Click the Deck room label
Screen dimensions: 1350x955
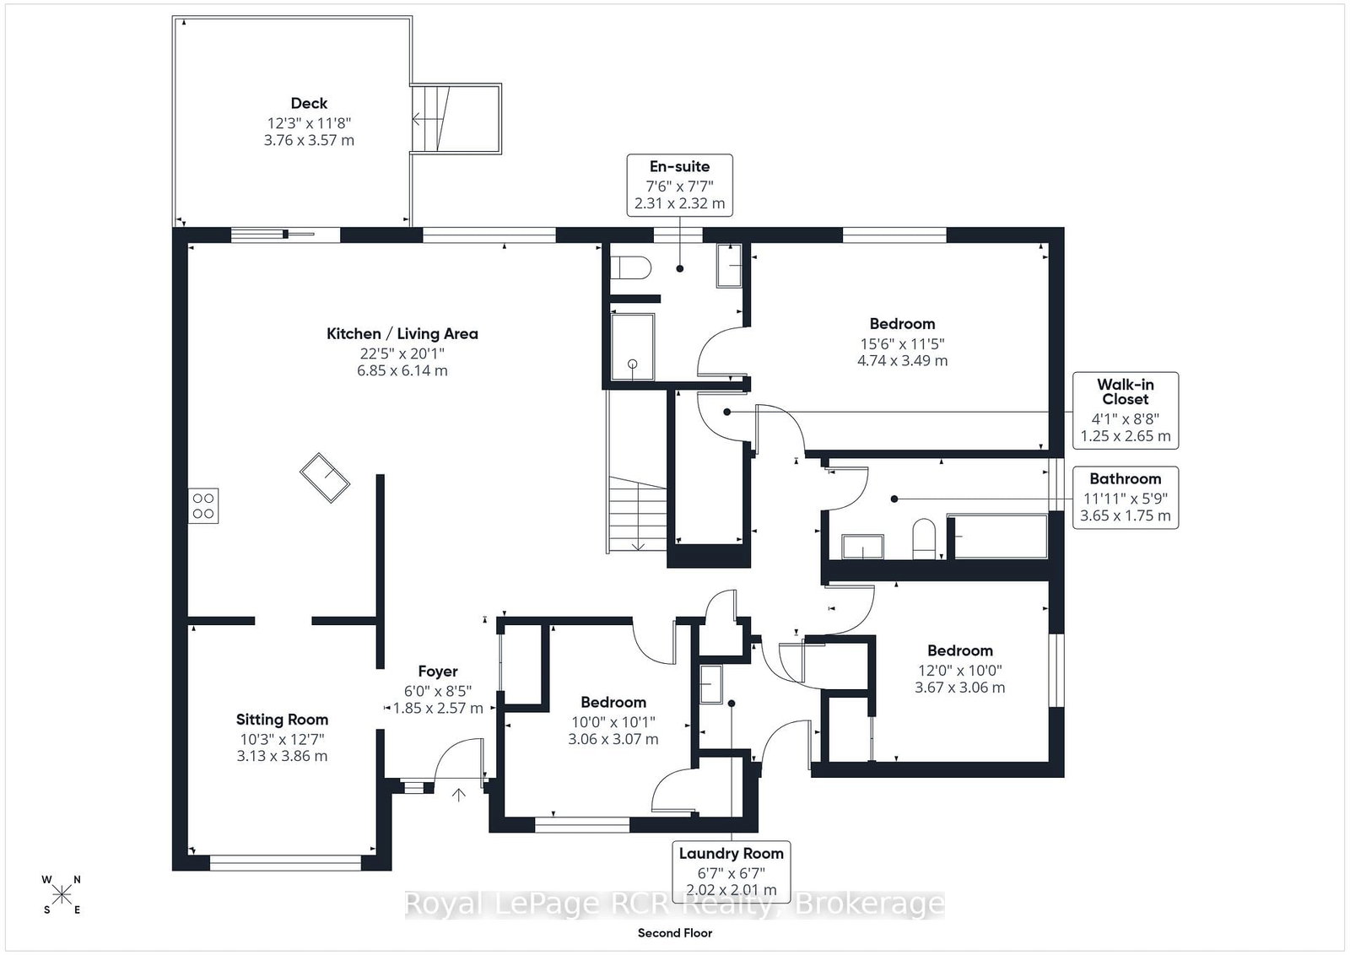(309, 103)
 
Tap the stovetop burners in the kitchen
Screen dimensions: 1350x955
(203, 505)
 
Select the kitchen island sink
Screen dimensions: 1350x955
(325, 477)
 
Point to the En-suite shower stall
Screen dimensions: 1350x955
(632, 347)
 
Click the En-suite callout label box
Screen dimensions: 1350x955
(680, 185)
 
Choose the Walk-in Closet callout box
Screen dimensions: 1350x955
(1126, 410)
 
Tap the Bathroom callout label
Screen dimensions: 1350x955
(1126, 498)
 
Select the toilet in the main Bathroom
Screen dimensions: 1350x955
(923, 539)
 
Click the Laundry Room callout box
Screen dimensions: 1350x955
(731, 871)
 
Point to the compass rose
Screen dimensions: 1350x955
(62, 895)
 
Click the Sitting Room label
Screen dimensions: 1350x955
(282, 720)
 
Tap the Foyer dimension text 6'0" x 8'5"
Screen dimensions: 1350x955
(438, 691)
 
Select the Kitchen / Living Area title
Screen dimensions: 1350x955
(402, 334)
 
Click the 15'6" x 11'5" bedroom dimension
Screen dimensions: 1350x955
(902, 343)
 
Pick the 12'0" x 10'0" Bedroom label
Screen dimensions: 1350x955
(960, 650)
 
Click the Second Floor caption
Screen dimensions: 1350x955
(675, 933)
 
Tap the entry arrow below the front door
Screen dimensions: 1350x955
(459, 795)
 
